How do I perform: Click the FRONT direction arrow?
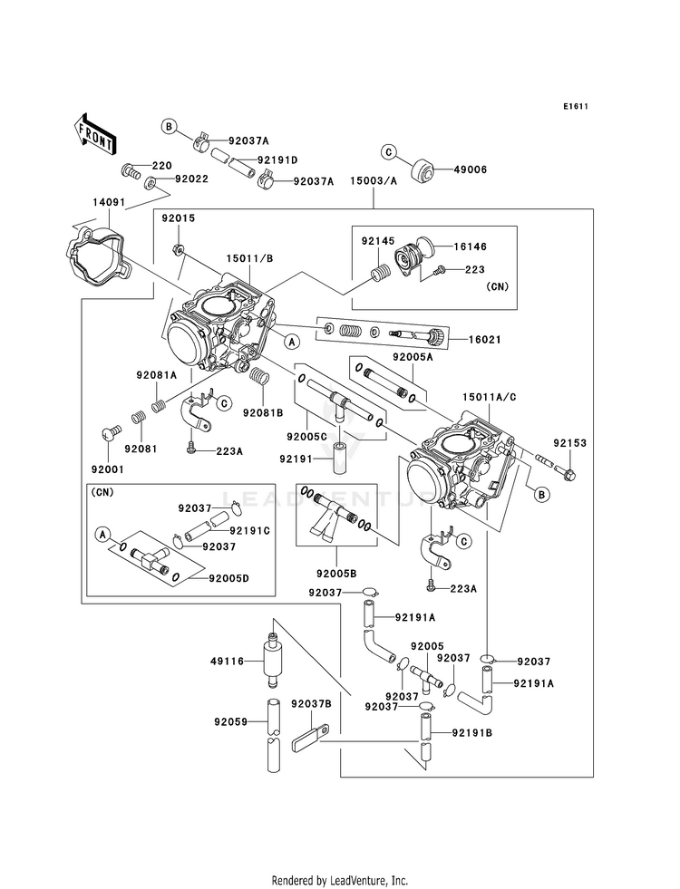coord(94,133)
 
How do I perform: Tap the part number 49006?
coord(470,169)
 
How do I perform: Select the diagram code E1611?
coord(576,106)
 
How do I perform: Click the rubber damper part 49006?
coord(423,171)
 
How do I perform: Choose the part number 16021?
coord(485,340)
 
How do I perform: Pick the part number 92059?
coord(231,721)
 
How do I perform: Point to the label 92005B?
coord(337,574)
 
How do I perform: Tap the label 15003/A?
coord(374,181)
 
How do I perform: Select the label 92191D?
coord(277,159)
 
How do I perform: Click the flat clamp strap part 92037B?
coord(311,737)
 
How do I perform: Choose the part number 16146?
coord(470,246)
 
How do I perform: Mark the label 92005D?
coord(228,578)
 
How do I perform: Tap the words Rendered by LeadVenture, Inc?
coord(340,880)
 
